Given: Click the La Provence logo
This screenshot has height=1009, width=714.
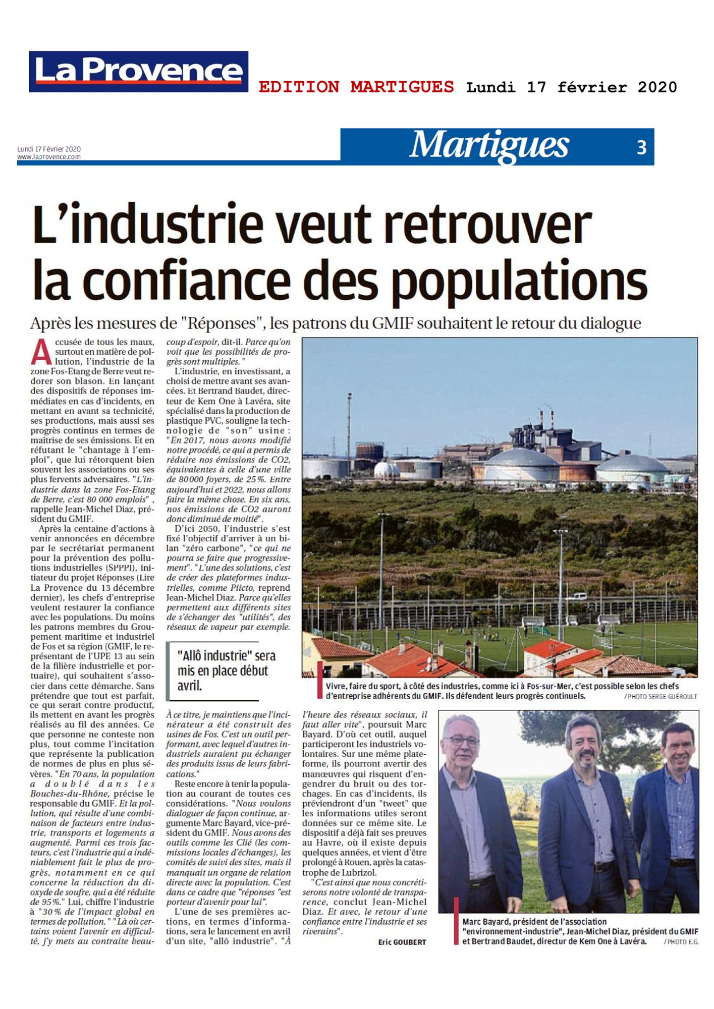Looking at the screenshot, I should [138, 72].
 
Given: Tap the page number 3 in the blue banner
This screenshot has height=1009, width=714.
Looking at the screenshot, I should [641, 147].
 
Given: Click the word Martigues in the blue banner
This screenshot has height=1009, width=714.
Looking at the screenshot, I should [489, 146].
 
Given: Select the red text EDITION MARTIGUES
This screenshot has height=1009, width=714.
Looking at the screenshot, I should [356, 87].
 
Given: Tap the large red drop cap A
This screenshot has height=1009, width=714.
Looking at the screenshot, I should [41, 353].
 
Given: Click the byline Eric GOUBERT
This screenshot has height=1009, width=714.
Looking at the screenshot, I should [402, 942].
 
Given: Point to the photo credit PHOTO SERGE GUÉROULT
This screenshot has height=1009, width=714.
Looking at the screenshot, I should [661, 696].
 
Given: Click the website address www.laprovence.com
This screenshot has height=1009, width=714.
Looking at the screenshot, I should [49, 157].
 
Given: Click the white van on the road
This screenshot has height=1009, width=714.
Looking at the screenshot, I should [578, 596].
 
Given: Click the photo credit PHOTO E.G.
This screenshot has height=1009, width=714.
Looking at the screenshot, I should [681, 942].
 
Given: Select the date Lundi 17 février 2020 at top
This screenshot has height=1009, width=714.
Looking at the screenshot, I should [571, 87].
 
